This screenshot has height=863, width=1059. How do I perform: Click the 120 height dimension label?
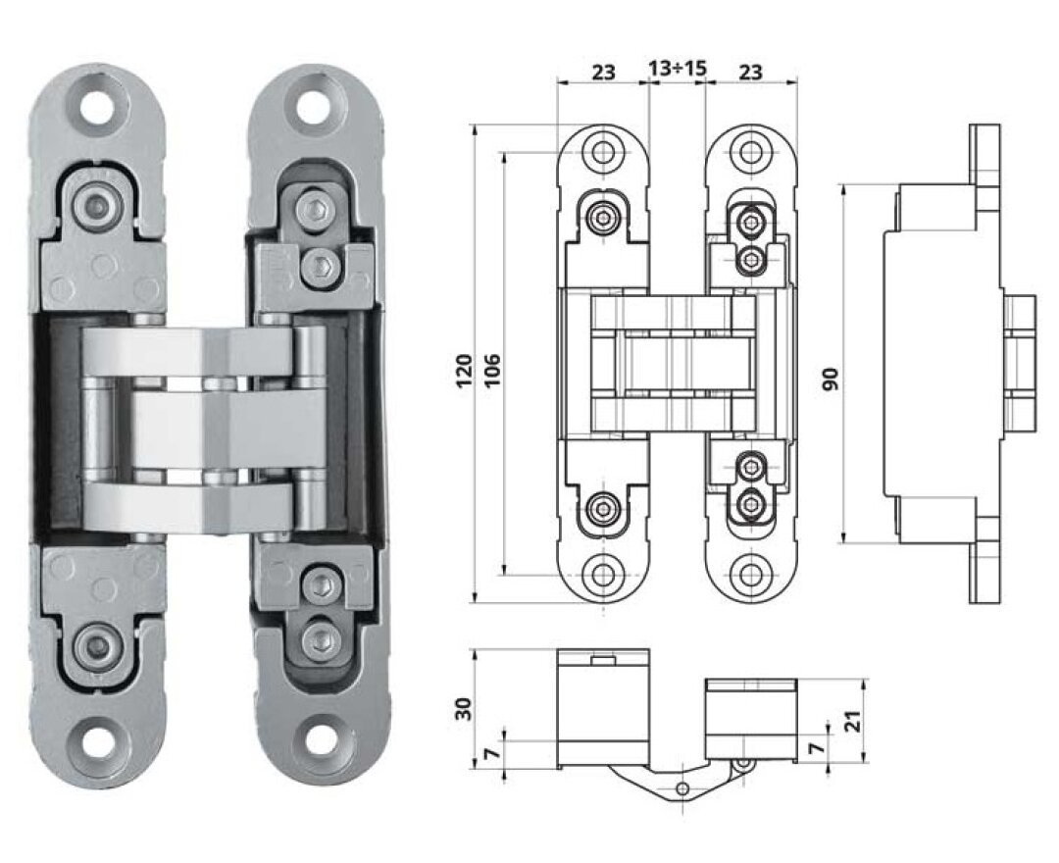click(x=464, y=371)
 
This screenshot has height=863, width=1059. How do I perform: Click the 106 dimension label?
click(x=492, y=369)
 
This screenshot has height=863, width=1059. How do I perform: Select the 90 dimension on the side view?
click(x=831, y=379)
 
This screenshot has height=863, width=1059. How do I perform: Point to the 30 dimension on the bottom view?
click(x=463, y=708)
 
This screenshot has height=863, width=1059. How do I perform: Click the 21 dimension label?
click(x=854, y=723)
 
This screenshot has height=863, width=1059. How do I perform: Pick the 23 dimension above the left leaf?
click(x=604, y=71)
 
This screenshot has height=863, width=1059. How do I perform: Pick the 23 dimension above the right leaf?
click(x=750, y=71)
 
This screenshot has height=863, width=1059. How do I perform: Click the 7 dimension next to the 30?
click(x=494, y=751)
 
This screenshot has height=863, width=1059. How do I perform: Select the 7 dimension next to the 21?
click(x=817, y=747)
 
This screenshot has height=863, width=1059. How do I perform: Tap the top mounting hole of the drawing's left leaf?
click(x=602, y=151)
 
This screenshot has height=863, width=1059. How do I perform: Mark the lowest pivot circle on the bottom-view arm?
click(x=682, y=788)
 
